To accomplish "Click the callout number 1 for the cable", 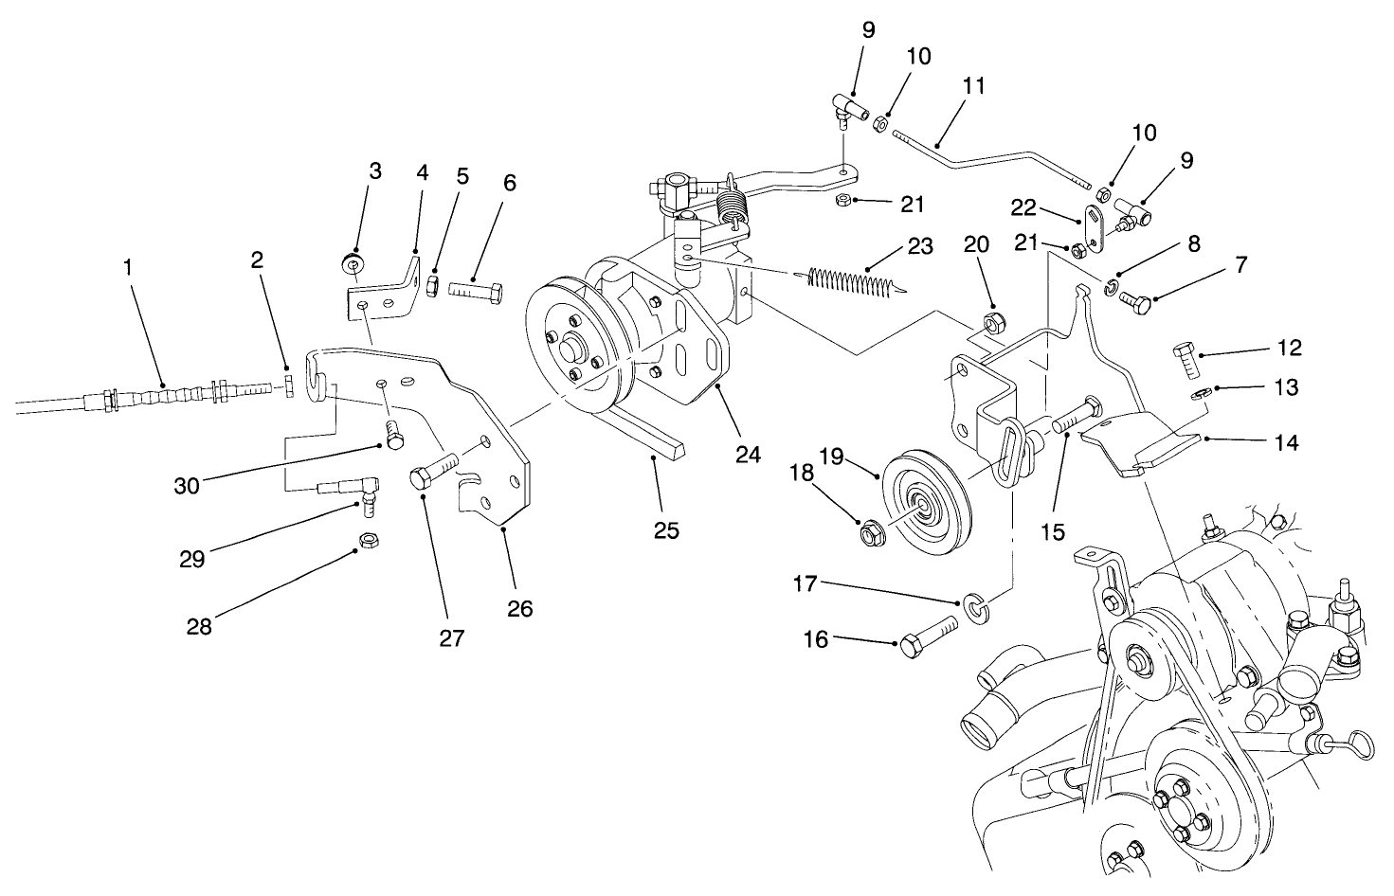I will click(128, 268).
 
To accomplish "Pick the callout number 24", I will click(748, 455).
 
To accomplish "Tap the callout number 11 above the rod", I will click(973, 86).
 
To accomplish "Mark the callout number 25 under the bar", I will click(666, 529).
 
